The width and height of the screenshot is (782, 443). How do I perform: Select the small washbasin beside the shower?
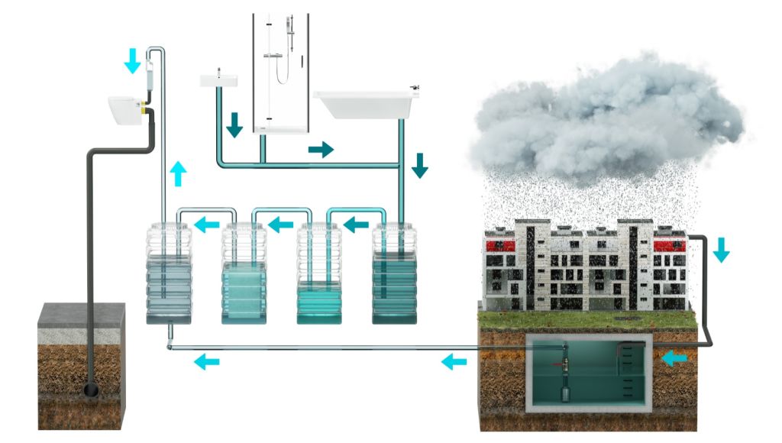coord(219,79)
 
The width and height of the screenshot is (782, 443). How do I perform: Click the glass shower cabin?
coord(280,73)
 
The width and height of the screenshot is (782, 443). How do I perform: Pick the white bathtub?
coord(364,104)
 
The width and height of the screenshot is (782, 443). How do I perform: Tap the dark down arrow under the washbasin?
coord(234,125)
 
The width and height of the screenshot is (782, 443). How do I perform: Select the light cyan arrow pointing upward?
coord(178,173)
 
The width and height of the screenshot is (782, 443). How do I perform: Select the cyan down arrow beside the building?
coord(721,250)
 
